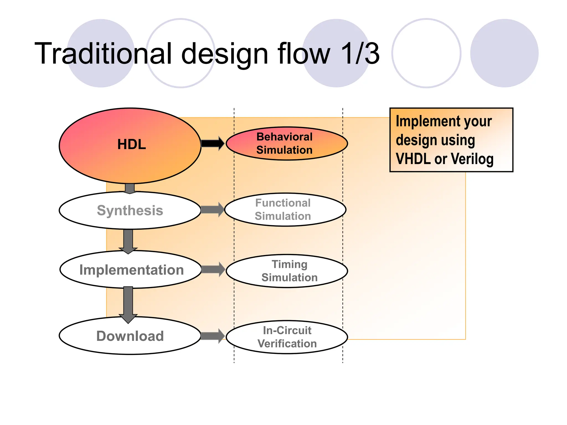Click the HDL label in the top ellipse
(132, 144)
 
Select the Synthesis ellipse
(130, 210)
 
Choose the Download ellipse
(130, 336)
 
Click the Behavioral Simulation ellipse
(287, 143)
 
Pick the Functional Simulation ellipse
(285, 209)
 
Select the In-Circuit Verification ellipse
(287, 337)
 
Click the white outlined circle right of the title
(426, 53)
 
